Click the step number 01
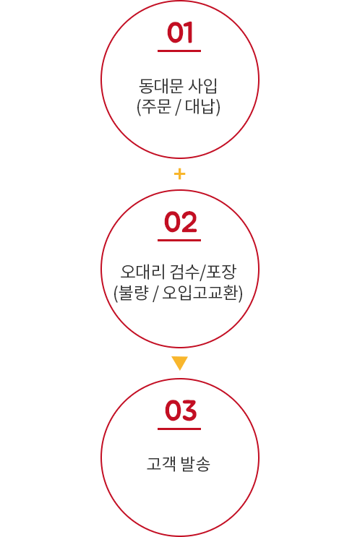(180, 33)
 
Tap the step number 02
(181, 222)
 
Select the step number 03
(181, 411)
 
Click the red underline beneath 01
(179, 51)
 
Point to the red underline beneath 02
(179, 240)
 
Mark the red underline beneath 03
(179, 429)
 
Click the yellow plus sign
(179, 174)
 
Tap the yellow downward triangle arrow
(180, 363)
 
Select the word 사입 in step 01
(203, 85)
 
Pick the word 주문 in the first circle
(156, 106)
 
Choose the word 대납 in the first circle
(200, 106)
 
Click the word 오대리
(142, 272)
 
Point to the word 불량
(133, 293)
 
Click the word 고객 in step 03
(160, 463)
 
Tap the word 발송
(195, 463)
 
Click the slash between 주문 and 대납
(178, 107)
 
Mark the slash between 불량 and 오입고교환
(155, 293)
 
